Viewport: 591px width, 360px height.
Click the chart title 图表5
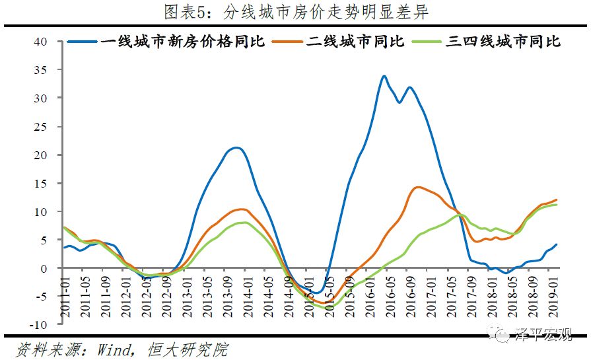(x=295, y=11)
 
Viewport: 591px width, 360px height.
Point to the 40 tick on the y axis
(x=41, y=42)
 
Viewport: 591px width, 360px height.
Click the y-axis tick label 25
(x=41, y=127)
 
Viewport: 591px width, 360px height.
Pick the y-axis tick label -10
(x=38, y=326)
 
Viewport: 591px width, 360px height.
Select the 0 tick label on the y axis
(x=44, y=269)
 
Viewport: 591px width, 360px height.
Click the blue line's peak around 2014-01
(x=236, y=148)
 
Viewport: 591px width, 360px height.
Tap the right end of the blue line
(x=557, y=245)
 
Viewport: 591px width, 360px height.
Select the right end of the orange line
(x=557, y=199)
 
